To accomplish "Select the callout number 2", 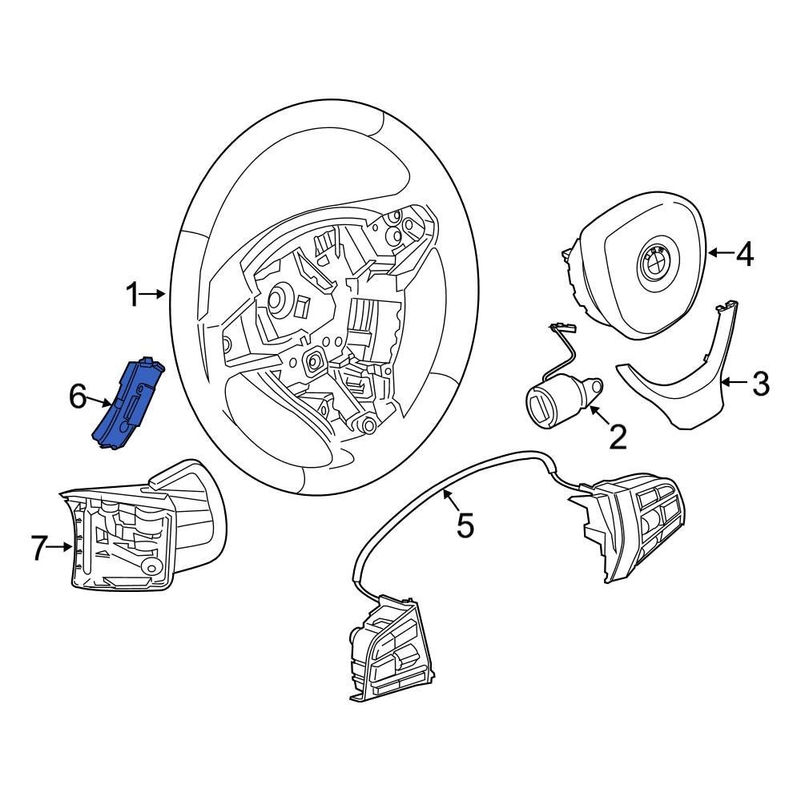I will tap(618, 437).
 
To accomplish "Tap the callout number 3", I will tap(760, 384).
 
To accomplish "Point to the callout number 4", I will tap(744, 254).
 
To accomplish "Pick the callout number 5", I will tap(465, 525).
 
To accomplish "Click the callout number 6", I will tap(78, 396).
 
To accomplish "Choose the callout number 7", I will tap(40, 548).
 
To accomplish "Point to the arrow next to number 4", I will tap(720, 253).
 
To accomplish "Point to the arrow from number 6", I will tap(99, 400).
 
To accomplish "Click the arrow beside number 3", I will tap(735, 383).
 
